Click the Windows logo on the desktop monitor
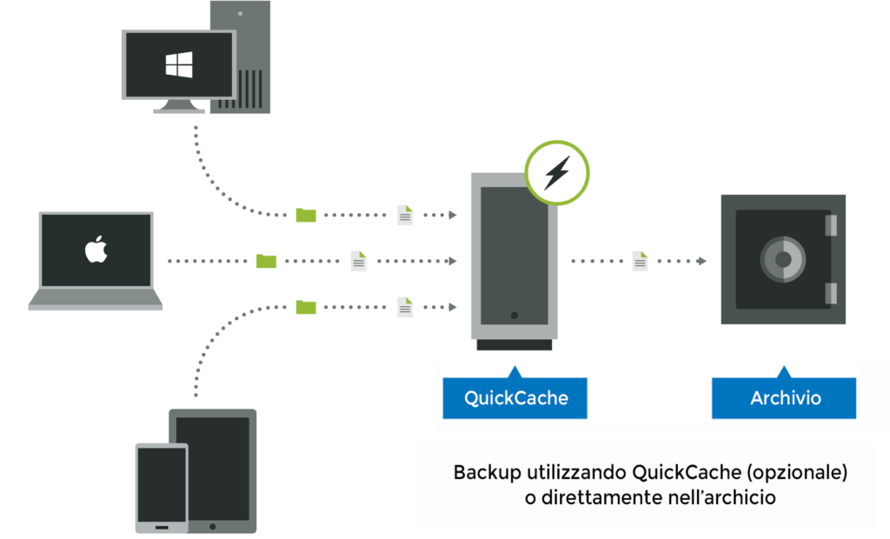pos(179,64)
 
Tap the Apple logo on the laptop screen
pos(95,250)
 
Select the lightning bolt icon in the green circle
pos(556,174)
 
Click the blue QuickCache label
pos(515,398)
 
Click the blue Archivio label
pos(786,398)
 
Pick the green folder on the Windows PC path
pos(306,215)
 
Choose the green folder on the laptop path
pos(266,261)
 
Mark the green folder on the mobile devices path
pos(306,307)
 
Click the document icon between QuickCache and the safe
pos(641,261)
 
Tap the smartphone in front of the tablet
pos(162,487)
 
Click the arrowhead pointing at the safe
pos(701,261)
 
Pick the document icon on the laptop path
pos(358,261)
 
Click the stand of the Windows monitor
pos(179,106)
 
